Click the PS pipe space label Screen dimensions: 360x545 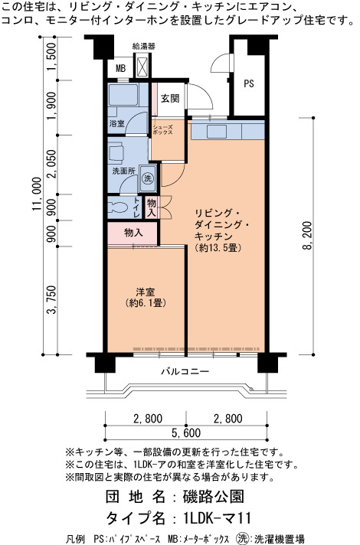[x=249, y=83]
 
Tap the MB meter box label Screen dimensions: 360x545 [x=120, y=68]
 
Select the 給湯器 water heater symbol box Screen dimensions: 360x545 [x=142, y=67]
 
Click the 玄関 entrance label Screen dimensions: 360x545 [x=170, y=99]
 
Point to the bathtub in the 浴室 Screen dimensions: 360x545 [x=123, y=94]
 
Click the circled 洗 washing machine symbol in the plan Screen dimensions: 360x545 [x=148, y=178]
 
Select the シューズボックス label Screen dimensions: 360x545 [x=162, y=130]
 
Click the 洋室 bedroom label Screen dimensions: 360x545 [x=146, y=292]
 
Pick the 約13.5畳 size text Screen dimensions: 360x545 [x=218, y=248]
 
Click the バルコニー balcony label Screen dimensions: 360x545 [x=185, y=371]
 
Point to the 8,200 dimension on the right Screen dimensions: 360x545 [x=307, y=235]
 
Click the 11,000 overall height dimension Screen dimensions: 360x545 [x=37, y=194]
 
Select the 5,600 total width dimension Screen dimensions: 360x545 [x=186, y=432]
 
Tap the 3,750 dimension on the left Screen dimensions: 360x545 [x=51, y=299]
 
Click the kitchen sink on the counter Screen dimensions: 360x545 [x=217, y=132]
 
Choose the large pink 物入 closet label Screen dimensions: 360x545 [x=133, y=233]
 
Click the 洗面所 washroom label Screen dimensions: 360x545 [x=123, y=171]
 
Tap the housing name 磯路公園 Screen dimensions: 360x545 [x=213, y=497]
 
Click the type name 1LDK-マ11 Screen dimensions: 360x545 [x=216, y=518]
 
